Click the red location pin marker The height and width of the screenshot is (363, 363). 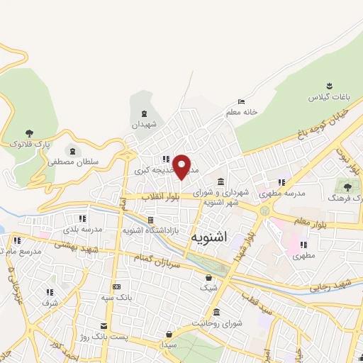coord(182,166)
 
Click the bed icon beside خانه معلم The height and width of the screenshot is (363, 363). coord(241,101)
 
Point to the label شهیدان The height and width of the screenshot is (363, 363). coord(145,124)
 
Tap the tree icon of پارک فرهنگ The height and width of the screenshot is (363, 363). coord(347,186)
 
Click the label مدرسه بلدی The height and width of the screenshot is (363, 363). coord(83,229)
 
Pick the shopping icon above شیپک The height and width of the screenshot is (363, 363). coord(208,277)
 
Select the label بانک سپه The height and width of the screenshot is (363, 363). coord(116,298)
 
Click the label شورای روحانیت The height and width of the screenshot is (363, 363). coord(217,323)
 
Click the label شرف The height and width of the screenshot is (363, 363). coord(50,303)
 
